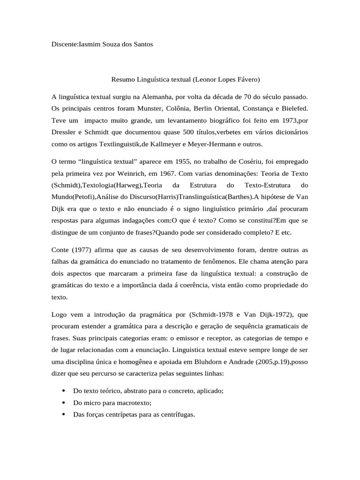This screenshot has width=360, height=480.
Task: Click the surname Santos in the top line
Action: coord(142,44)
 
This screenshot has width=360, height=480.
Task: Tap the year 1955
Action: coord(180,162)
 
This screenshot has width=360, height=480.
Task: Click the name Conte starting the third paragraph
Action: coord(61,250)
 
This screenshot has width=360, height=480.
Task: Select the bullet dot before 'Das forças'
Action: coord(63,415)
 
